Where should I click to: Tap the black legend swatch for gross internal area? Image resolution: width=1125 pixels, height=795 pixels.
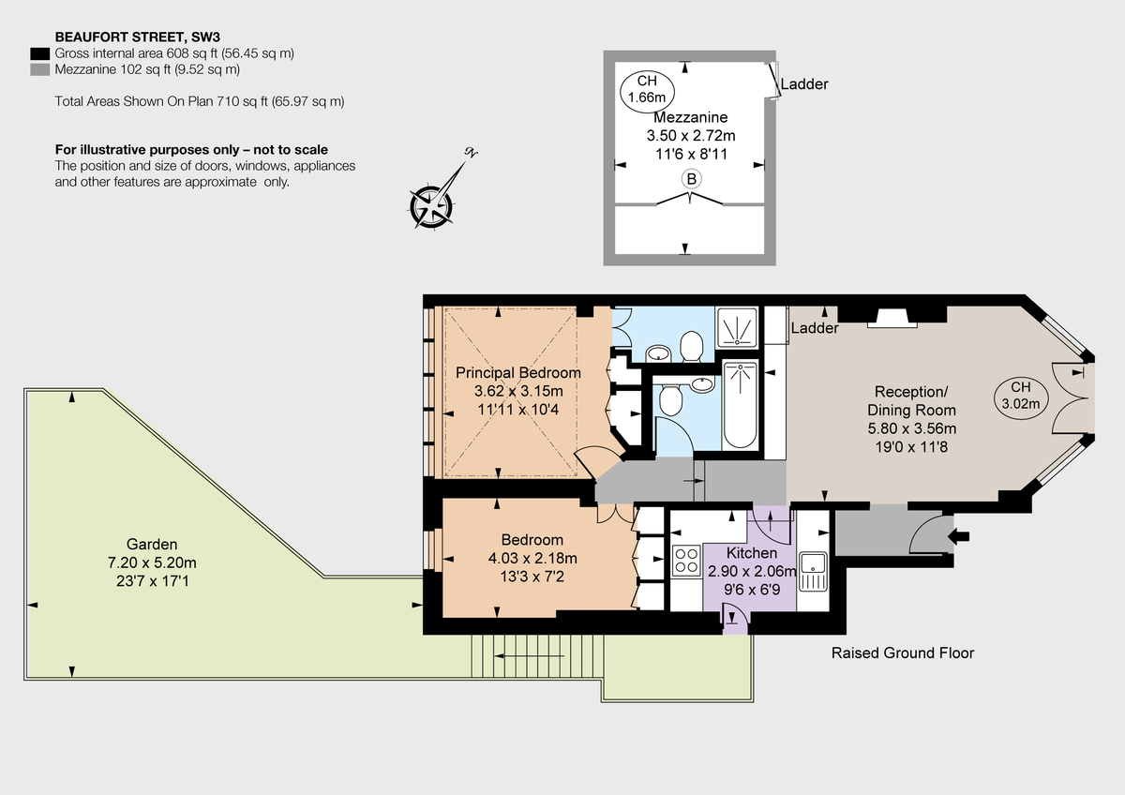[x=40, y=53]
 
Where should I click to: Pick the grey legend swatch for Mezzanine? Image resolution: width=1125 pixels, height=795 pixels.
[x=40, y=69]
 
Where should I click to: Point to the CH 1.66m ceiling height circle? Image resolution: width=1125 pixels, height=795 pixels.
[x=647, y=89]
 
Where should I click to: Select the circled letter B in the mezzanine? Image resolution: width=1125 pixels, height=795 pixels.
[x=691, y=179]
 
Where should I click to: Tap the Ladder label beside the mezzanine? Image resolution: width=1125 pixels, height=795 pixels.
[x=804, y=84]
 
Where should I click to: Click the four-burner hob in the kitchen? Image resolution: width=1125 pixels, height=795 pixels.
[x=686, y=561]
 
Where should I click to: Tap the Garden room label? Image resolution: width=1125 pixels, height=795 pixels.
[x=152, y=544]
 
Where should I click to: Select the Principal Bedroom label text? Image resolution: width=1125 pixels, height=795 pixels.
[x=517, y=372]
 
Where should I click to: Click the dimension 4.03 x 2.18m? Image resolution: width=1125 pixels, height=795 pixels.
[x=532, y=558]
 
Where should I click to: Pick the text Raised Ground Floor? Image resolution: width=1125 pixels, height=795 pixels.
[x=903, y=652]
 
